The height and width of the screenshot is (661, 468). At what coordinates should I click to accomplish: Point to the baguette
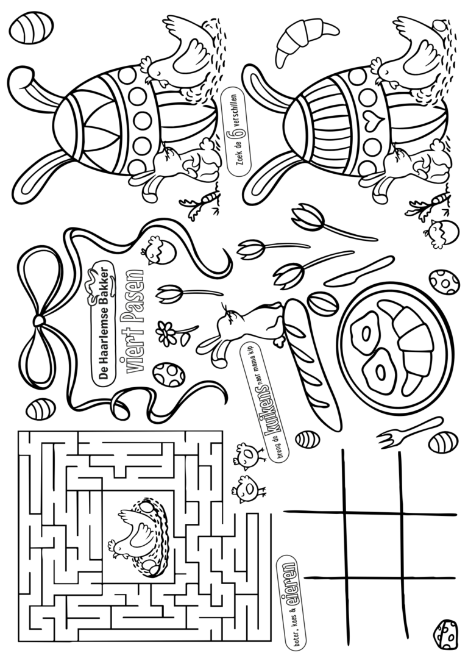click(x=312, y=363)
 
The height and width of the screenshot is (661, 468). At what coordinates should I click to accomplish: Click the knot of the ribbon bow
click(x=38, y=321)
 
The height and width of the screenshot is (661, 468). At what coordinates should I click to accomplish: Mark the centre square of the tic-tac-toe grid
click(x=372, y=546)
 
